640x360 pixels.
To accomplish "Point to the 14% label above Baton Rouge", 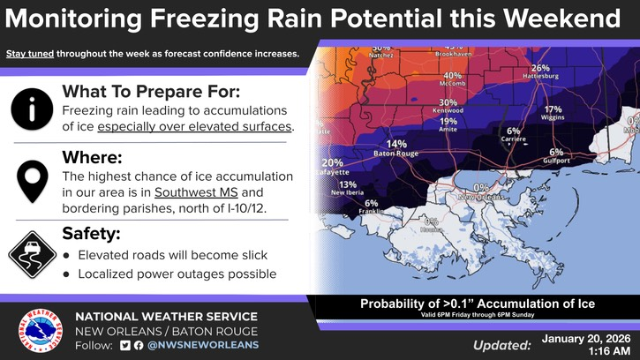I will tap(396, 144).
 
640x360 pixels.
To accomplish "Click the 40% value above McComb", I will tap(453, 76).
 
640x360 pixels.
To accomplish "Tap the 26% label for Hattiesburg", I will tap(540, 68).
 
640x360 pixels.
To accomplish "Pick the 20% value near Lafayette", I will tap(332, 163).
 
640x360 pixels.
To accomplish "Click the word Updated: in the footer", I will tap(501, 345).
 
